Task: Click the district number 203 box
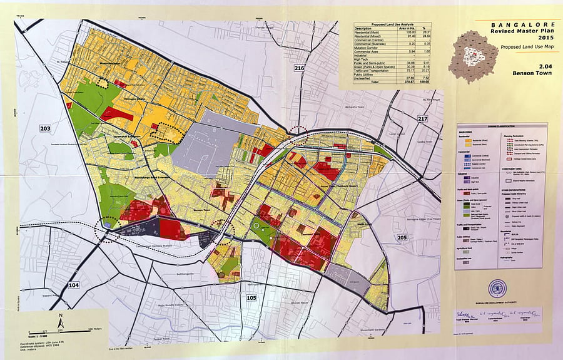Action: pos(45,129)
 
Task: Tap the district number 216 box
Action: pos(299,68)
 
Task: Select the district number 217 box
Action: pos(422,118)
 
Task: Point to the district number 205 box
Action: pos(402,237)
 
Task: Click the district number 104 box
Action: pos(74,285)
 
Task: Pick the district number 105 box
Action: pos(252,297)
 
